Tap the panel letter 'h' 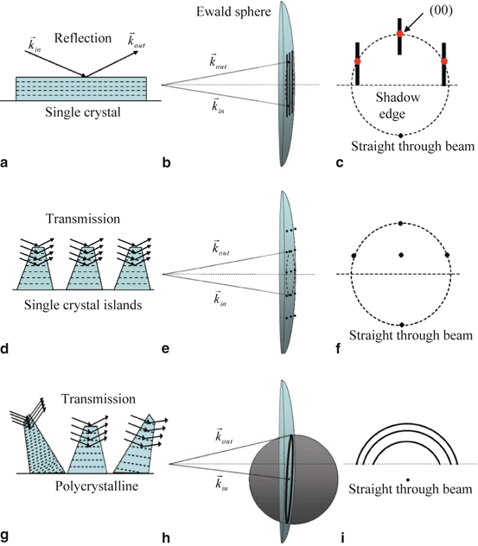pos(166,536)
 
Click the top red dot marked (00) pos(400,34)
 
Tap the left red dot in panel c pos(358,62)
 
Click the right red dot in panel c pos(444,61)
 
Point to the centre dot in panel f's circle pos(401,254)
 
